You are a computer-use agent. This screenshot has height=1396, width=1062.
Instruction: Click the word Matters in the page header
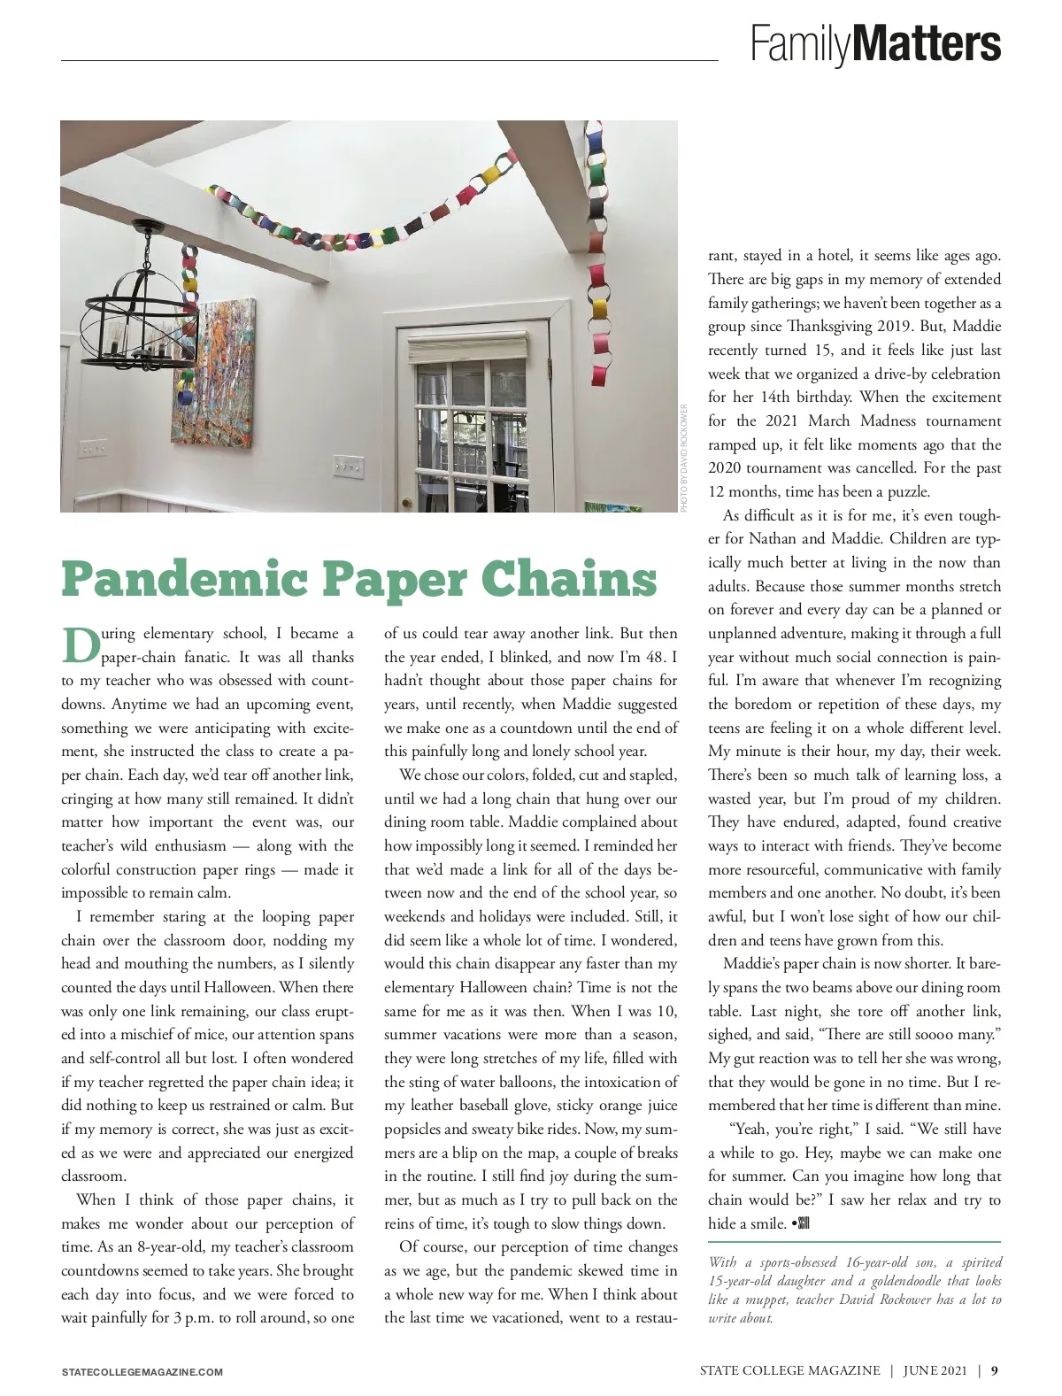click(928, 42)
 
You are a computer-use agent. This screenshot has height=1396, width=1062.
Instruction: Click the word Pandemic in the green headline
click(182, 580)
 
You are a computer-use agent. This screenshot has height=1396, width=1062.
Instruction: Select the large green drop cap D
click(79, 646)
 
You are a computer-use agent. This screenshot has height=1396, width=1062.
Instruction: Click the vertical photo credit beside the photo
click(684, 458)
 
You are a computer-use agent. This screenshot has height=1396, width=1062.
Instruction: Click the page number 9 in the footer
click(996, 1370)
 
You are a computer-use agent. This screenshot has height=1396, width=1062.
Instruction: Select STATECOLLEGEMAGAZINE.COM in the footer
click(142, 1372)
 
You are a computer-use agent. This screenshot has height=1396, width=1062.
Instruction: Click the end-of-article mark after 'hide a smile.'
click(801, 1223)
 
